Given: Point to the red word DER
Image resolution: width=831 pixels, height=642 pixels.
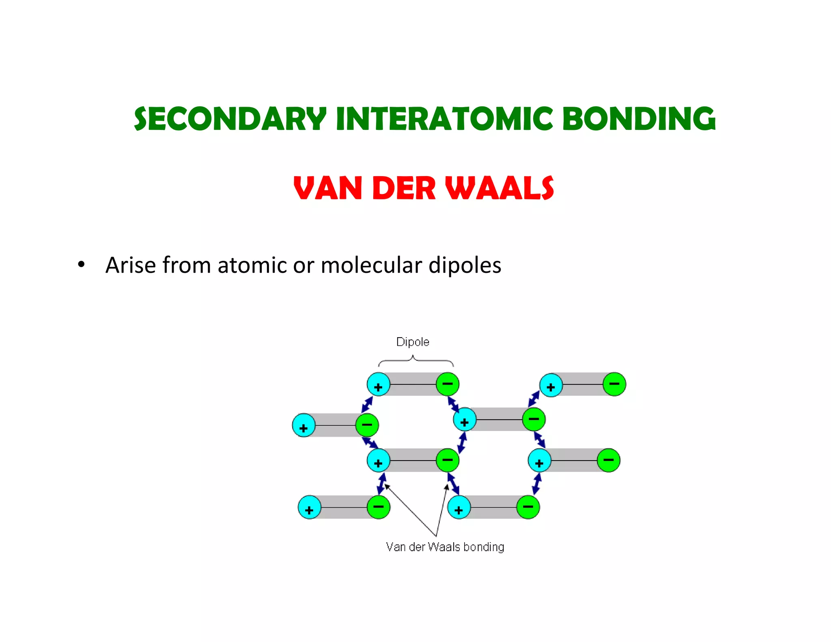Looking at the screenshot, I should (403, 189).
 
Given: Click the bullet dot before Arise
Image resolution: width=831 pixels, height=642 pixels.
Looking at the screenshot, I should (82, 265).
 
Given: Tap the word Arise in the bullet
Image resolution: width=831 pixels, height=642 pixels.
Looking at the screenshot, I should (130, 265).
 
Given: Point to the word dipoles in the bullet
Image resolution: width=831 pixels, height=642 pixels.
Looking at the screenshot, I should (465, 265).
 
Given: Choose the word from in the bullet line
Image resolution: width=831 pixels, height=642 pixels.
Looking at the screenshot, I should (186, 265).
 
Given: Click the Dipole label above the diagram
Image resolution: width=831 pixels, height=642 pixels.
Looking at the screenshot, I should (412, 342).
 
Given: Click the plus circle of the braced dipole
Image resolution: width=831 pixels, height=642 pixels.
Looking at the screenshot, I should (378, 384).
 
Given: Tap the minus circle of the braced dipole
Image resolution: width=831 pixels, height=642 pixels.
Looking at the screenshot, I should (447, 384).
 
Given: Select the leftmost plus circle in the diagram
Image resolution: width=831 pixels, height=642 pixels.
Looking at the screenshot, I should (304, 425).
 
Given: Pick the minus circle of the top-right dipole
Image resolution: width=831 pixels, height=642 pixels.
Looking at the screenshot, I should (614, 384).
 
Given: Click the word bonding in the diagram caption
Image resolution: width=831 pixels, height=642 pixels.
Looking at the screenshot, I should (484, 547).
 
